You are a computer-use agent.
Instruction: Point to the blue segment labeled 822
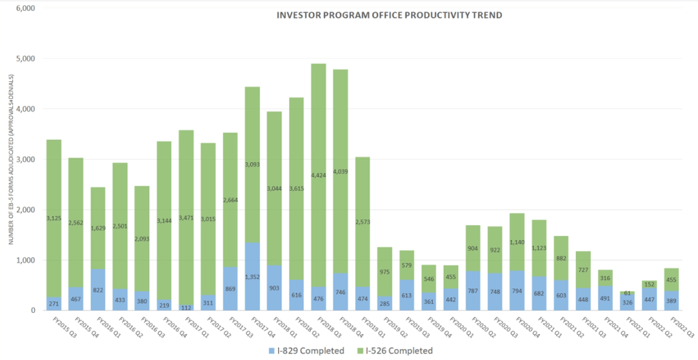(x=98, y=290)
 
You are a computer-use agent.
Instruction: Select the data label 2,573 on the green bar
(x=363, y=223)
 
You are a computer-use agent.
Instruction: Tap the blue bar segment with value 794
(x=517, y=290)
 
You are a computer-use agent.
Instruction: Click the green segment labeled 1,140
(x=517, y=242)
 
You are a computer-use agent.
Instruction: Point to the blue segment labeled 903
(x=274, y=288)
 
